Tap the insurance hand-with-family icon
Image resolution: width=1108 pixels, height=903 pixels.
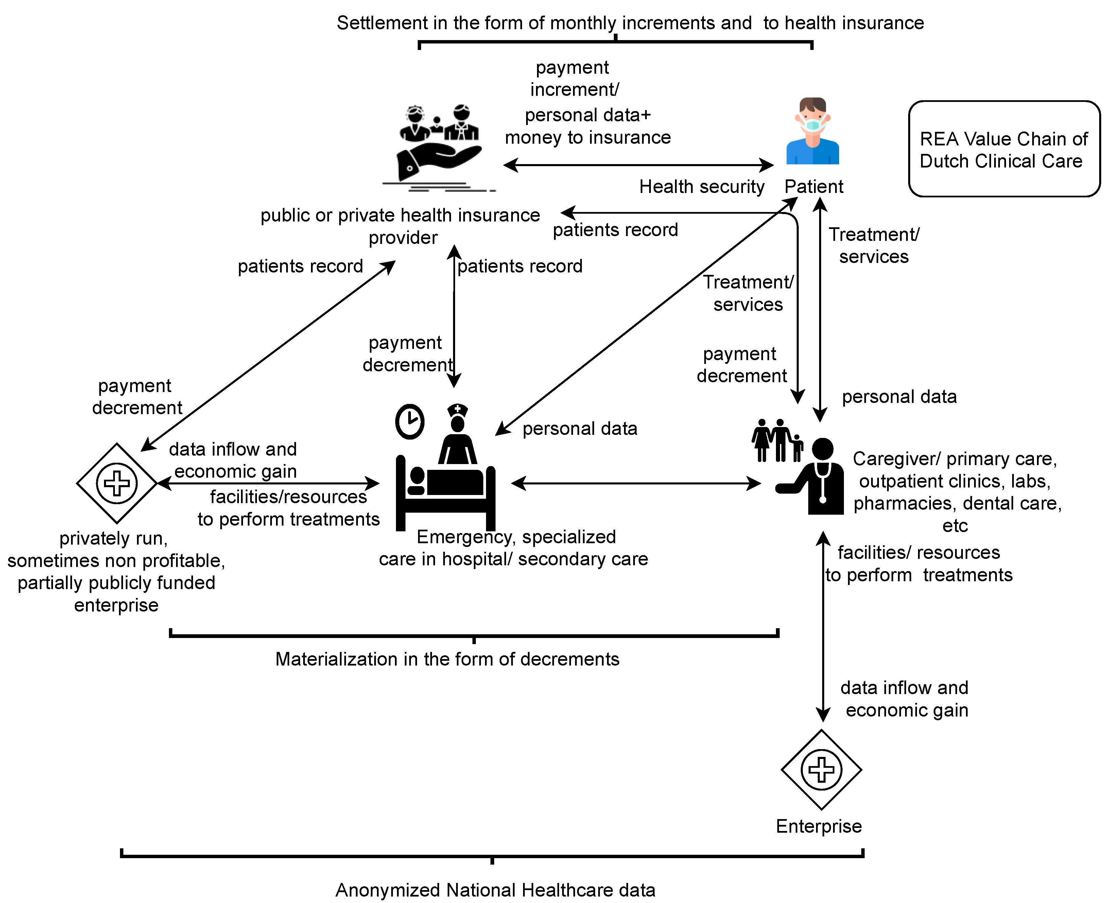coord(439,148)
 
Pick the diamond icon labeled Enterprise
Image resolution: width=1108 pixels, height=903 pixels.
coord(821,769)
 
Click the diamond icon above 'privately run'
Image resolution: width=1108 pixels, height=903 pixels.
coord(117,483)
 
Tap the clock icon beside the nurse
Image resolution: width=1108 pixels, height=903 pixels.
coord(410,421)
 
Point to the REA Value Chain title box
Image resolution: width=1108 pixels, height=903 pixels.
coord(1004,149)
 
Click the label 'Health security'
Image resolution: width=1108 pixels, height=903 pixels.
coord(702,187)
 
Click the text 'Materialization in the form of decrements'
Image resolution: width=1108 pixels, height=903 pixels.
coord(447,659)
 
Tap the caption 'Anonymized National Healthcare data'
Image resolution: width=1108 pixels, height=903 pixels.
coord(495,890)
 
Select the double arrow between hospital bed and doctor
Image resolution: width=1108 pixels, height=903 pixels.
coord(636,483)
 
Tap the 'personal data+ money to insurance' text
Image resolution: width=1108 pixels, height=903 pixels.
coord(588,126)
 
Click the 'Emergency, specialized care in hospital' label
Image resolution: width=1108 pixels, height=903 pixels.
coord(513,548)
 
